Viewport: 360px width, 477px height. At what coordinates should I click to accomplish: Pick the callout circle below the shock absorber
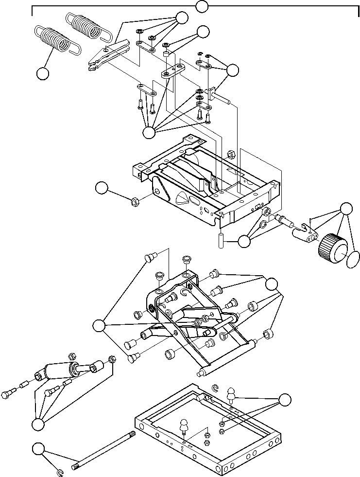point(37,424)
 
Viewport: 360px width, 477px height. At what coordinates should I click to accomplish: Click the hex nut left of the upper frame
point(135,200)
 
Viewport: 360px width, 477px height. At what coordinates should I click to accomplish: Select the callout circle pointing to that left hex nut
point(101,188)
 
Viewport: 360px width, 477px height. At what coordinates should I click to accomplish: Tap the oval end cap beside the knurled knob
point(354,259)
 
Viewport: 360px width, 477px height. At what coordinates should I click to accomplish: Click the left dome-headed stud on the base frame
point(184,426)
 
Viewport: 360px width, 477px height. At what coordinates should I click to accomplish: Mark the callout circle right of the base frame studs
point(285,399)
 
